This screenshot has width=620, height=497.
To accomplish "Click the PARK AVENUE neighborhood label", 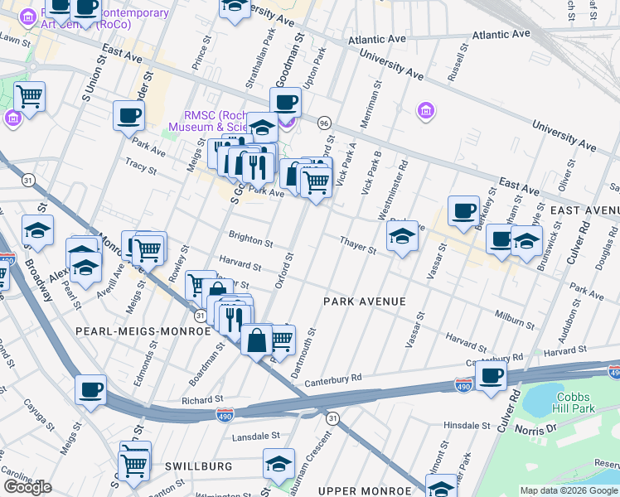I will (x=365, y=302).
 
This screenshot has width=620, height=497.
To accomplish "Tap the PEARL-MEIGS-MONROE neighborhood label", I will (x=143, y=331).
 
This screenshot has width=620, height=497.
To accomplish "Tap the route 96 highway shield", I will (x=323, y=122).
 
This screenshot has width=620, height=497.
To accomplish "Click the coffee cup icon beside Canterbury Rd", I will (x=491, y=374).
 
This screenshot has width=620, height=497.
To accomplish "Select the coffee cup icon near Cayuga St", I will (x=90, y=389).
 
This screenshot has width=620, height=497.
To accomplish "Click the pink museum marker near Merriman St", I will (x=424, y=110).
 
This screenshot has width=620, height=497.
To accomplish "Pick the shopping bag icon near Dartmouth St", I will (x=257, y=339).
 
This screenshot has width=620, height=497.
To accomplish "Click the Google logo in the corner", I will (x=27, y=487).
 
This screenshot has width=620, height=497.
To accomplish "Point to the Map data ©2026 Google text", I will (x=569, y=490).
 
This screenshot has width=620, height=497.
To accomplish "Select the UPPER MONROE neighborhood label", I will (x=366, y=492).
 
